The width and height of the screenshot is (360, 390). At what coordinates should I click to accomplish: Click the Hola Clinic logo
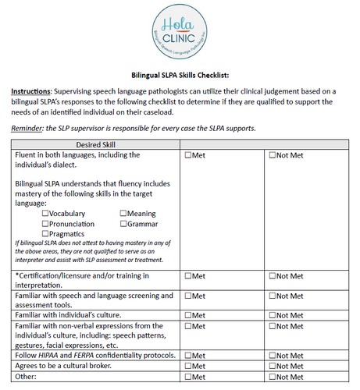pos(180,31)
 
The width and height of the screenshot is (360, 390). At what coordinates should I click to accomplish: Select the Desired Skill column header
pos(96,144)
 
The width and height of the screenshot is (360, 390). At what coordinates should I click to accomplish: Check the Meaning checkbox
pos(123,214)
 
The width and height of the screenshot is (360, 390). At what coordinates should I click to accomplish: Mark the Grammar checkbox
pos(123,224)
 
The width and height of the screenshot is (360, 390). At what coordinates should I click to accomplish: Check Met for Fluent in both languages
pos(188,155)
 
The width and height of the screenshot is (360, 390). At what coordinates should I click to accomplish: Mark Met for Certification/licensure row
pos(188,276)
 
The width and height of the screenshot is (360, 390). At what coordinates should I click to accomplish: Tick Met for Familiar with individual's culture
pos(188,316)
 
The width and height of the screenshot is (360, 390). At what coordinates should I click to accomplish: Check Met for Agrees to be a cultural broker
pos(188,366)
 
